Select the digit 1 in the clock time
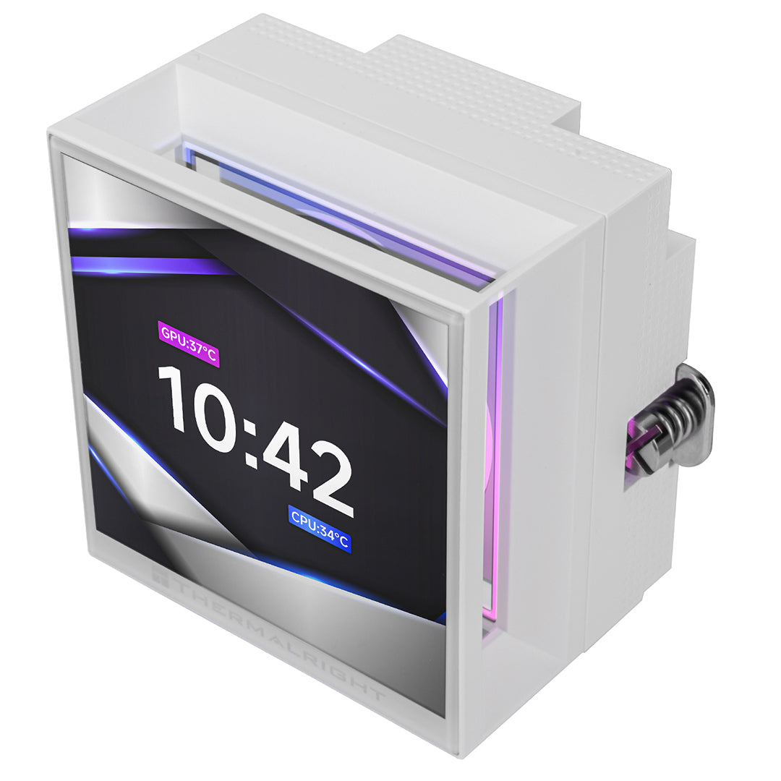(x=175, y=405)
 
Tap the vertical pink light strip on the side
(x=495, y=463)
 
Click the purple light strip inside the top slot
(x=340, y=217)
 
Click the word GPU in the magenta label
(x=174, y=336)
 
